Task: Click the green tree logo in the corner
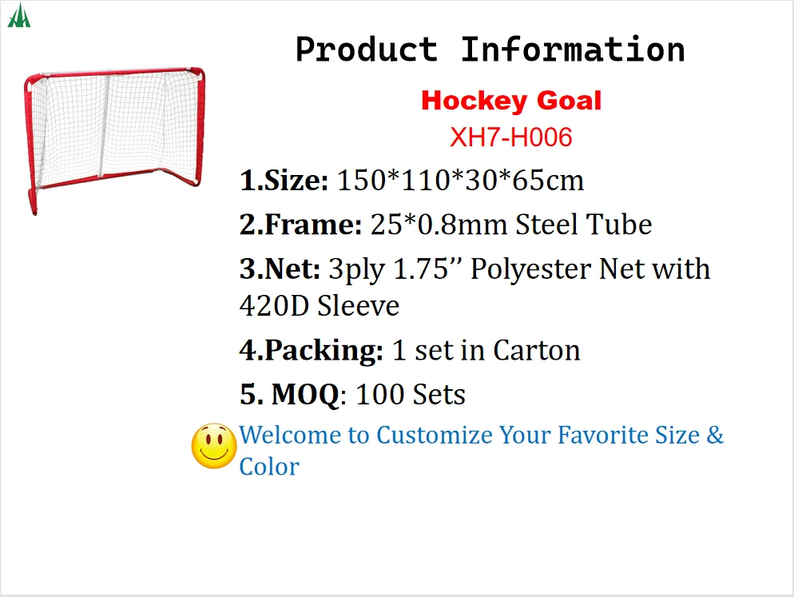(18, 16)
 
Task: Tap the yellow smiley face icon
(213, 445)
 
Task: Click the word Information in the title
(572, 50)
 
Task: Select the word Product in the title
(366, 50)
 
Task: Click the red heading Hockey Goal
(511, 101)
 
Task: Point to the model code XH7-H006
(511, 137)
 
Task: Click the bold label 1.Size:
(284, 181)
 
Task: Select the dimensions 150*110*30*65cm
(461, 181)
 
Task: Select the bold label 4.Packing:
(311, 350)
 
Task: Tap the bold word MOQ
(305, 394)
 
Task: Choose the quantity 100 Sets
(411, 394)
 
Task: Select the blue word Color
(269, 467)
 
